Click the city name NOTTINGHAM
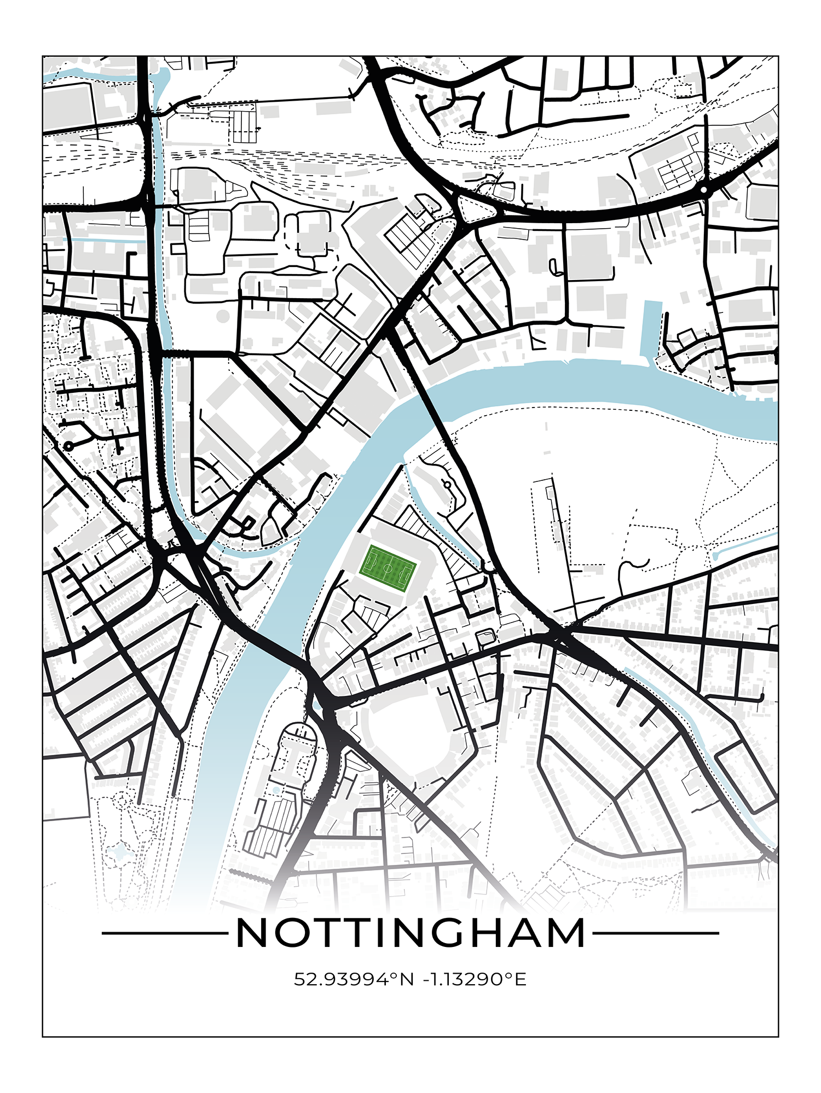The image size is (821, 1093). pyautogui.click(x=410, y=933)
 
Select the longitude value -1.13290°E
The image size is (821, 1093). pyautogui.click(x=475, y=979)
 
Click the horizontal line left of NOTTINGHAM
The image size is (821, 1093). pyautogui.click(x=164, y=933)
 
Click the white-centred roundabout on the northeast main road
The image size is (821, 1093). pyautogui.click(x=704, y=190)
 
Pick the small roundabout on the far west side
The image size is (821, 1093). pyautogui.click(x=68, y=446)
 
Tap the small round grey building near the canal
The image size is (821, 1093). pyautogui.click(x=222, y=316)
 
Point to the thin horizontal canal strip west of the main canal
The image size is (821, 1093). pyautogui.click(x=104, y=240)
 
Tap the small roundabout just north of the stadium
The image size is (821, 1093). pyautogui.click(x=447, y=484)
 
